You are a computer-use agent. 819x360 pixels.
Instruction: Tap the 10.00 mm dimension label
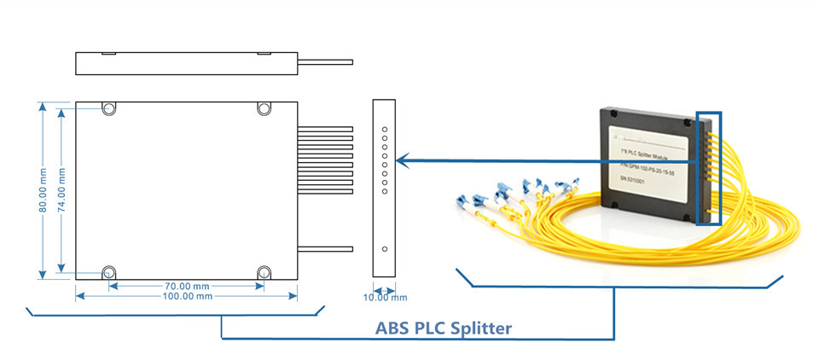[386, 298]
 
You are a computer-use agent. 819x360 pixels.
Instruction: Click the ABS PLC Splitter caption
[444, 328]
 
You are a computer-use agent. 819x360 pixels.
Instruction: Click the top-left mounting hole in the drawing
[109, 108]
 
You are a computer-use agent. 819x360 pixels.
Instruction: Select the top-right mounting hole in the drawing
[263, 108]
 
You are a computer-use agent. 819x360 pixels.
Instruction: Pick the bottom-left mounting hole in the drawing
[109, 272]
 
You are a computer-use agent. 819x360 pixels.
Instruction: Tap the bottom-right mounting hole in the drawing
[263, 272]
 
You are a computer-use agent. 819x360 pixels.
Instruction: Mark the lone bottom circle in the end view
[385, 249]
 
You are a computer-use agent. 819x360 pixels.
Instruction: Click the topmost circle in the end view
[385, 129]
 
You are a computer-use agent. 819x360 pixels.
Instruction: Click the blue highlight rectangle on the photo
[709, 167]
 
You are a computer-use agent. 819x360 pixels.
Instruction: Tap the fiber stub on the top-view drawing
[325, 61]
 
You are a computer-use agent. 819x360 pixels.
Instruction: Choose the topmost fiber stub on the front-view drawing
[325, 129]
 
